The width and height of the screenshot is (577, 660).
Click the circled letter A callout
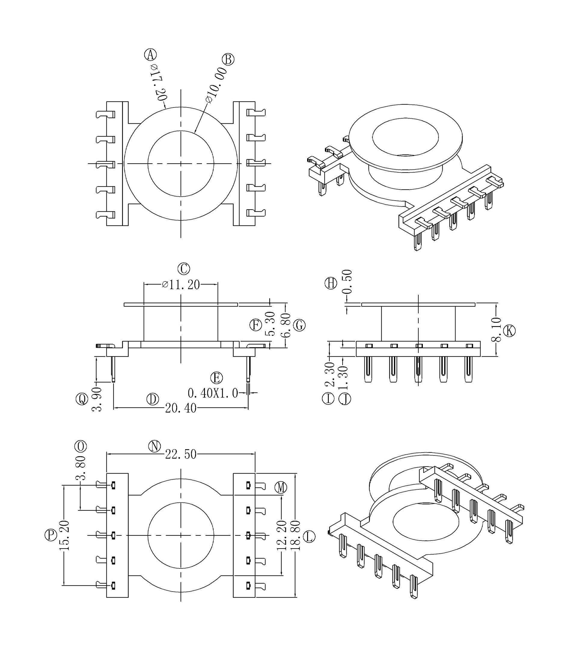point(150,55)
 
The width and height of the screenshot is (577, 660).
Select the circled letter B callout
point(228,59)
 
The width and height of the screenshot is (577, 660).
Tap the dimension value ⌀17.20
point(159,82)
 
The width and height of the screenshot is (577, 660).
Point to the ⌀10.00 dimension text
point(216,85)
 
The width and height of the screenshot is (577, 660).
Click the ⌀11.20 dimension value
point(181,285)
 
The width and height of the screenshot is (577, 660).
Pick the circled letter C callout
point(184,268)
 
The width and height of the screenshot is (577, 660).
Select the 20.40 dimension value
point(181,408)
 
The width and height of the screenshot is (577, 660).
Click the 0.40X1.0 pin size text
point(212,393)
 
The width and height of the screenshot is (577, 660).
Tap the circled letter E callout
point(216,378)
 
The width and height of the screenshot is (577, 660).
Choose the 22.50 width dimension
point(181,454)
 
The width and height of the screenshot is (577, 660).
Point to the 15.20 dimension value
point(64,535)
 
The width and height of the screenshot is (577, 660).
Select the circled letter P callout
point(50,535)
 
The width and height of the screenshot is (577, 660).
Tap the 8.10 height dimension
point(496,329)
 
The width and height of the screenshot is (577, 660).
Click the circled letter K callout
point(509,331)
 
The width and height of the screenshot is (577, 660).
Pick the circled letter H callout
point(331,283)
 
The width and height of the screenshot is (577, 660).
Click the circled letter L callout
point(309,537)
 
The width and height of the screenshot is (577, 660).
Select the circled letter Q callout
point(82,399)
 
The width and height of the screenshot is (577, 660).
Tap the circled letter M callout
point(280,488)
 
